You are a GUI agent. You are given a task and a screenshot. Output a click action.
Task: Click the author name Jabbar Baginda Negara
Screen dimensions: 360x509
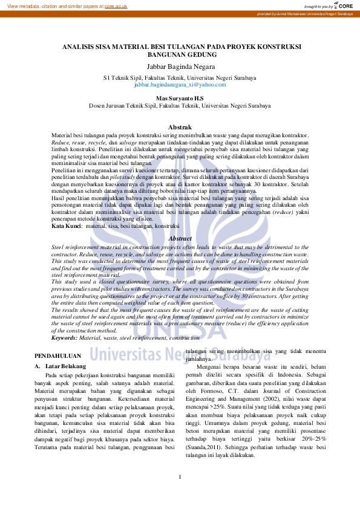pyautogui.click(x=180, y=66)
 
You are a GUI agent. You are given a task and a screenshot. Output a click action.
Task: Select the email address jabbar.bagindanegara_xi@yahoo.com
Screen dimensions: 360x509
pyautogui.click(x=180, y=85)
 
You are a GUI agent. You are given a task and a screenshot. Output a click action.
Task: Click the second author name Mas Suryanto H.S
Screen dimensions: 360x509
pyautogui.click(x=180, y=97)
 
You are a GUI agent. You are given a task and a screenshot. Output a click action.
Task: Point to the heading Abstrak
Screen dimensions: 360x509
pyautogui.click(x=180, y=127)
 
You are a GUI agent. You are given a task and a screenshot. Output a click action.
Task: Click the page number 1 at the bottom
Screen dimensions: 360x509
pyautogui.click(x=180, y=478)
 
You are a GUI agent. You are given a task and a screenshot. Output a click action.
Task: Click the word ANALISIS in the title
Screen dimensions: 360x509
pyautogui.click(x=83, y=46)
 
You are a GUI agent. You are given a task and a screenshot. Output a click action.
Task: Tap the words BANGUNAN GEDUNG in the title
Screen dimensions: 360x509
pyautogui.click(x=180, y=54)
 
